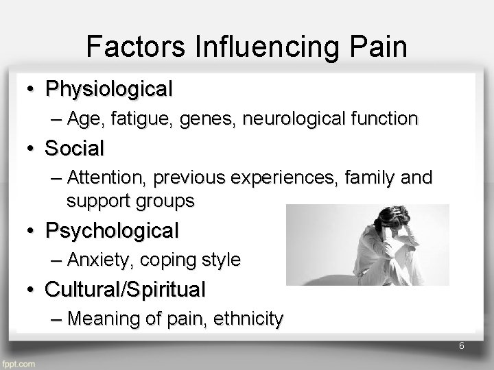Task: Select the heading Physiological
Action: [x=108, y=89]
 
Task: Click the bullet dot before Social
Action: [x=32, y=148]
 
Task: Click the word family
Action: [x=378, y=178]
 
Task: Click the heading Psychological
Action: [x=112, y=231]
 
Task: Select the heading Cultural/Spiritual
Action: [x=125, y=290]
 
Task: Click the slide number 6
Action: [x=462, y=346]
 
